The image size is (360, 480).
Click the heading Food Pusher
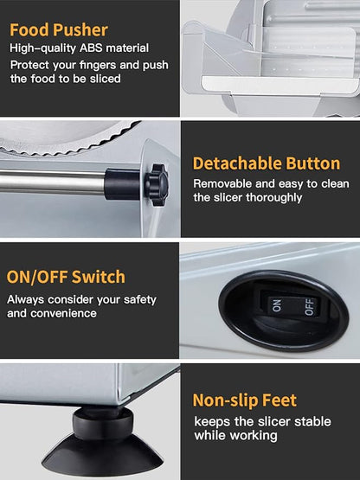(x=59, y=30)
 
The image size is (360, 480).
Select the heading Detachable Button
(x=267, y=163)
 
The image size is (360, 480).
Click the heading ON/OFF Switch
(x=66, y=277)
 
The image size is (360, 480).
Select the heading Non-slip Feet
(x=245, y=400)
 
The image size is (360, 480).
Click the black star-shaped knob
(x=157, y=184)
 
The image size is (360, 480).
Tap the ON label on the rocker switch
(x=276, y=305)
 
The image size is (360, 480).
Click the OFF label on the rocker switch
(x=310, y=306)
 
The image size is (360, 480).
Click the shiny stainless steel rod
(x=53, y=182)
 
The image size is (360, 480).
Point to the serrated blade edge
(x=69, y=144)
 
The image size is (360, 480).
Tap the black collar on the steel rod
(x=123, y=184)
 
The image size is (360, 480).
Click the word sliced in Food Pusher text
(x=105, y=79)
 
